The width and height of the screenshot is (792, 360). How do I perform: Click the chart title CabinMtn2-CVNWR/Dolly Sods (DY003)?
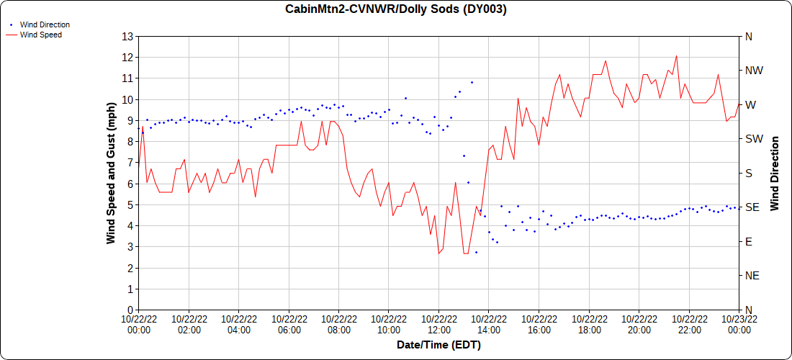396,9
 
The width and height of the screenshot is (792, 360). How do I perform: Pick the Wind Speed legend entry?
40,34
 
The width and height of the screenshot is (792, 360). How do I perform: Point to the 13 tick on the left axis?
128,36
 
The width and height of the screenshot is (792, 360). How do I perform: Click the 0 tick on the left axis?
130,310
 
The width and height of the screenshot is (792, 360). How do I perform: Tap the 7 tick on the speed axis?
130,163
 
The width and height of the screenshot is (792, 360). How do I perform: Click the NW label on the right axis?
755,71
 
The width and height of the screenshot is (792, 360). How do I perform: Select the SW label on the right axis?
754,139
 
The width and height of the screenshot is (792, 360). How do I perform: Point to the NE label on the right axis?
752,276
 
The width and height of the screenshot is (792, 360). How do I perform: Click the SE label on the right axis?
752,207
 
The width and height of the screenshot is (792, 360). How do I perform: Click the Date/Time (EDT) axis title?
438,345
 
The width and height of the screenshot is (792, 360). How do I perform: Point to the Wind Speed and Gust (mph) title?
111,173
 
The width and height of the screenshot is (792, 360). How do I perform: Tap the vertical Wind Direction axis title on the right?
775,173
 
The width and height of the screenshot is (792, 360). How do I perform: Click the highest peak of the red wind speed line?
676,56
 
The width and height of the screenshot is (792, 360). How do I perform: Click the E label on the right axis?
749,242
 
